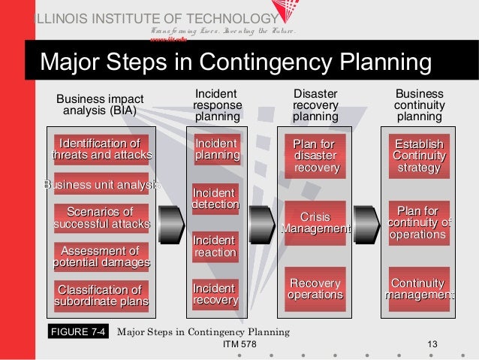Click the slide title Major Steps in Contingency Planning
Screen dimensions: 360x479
[236, 62]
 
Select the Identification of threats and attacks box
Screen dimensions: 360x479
[101, 150]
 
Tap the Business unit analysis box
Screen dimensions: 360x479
[101, 184]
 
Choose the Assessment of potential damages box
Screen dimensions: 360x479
[101, 256]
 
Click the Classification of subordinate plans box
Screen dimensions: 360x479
[101, 295]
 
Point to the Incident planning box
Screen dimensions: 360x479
[216, 149]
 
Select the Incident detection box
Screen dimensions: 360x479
[216, 198]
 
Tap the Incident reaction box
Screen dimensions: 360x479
[216, 247]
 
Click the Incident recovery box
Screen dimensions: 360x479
[216, 295]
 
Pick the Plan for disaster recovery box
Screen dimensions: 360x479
[315, 156]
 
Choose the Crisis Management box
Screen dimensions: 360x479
[315, 223]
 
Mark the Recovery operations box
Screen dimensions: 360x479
[315, 289]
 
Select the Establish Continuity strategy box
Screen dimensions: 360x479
[419, 156]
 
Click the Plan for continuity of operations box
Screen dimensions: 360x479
[419, 223]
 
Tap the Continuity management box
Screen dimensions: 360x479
[419, 289]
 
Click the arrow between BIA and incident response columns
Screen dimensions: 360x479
[172, 224]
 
